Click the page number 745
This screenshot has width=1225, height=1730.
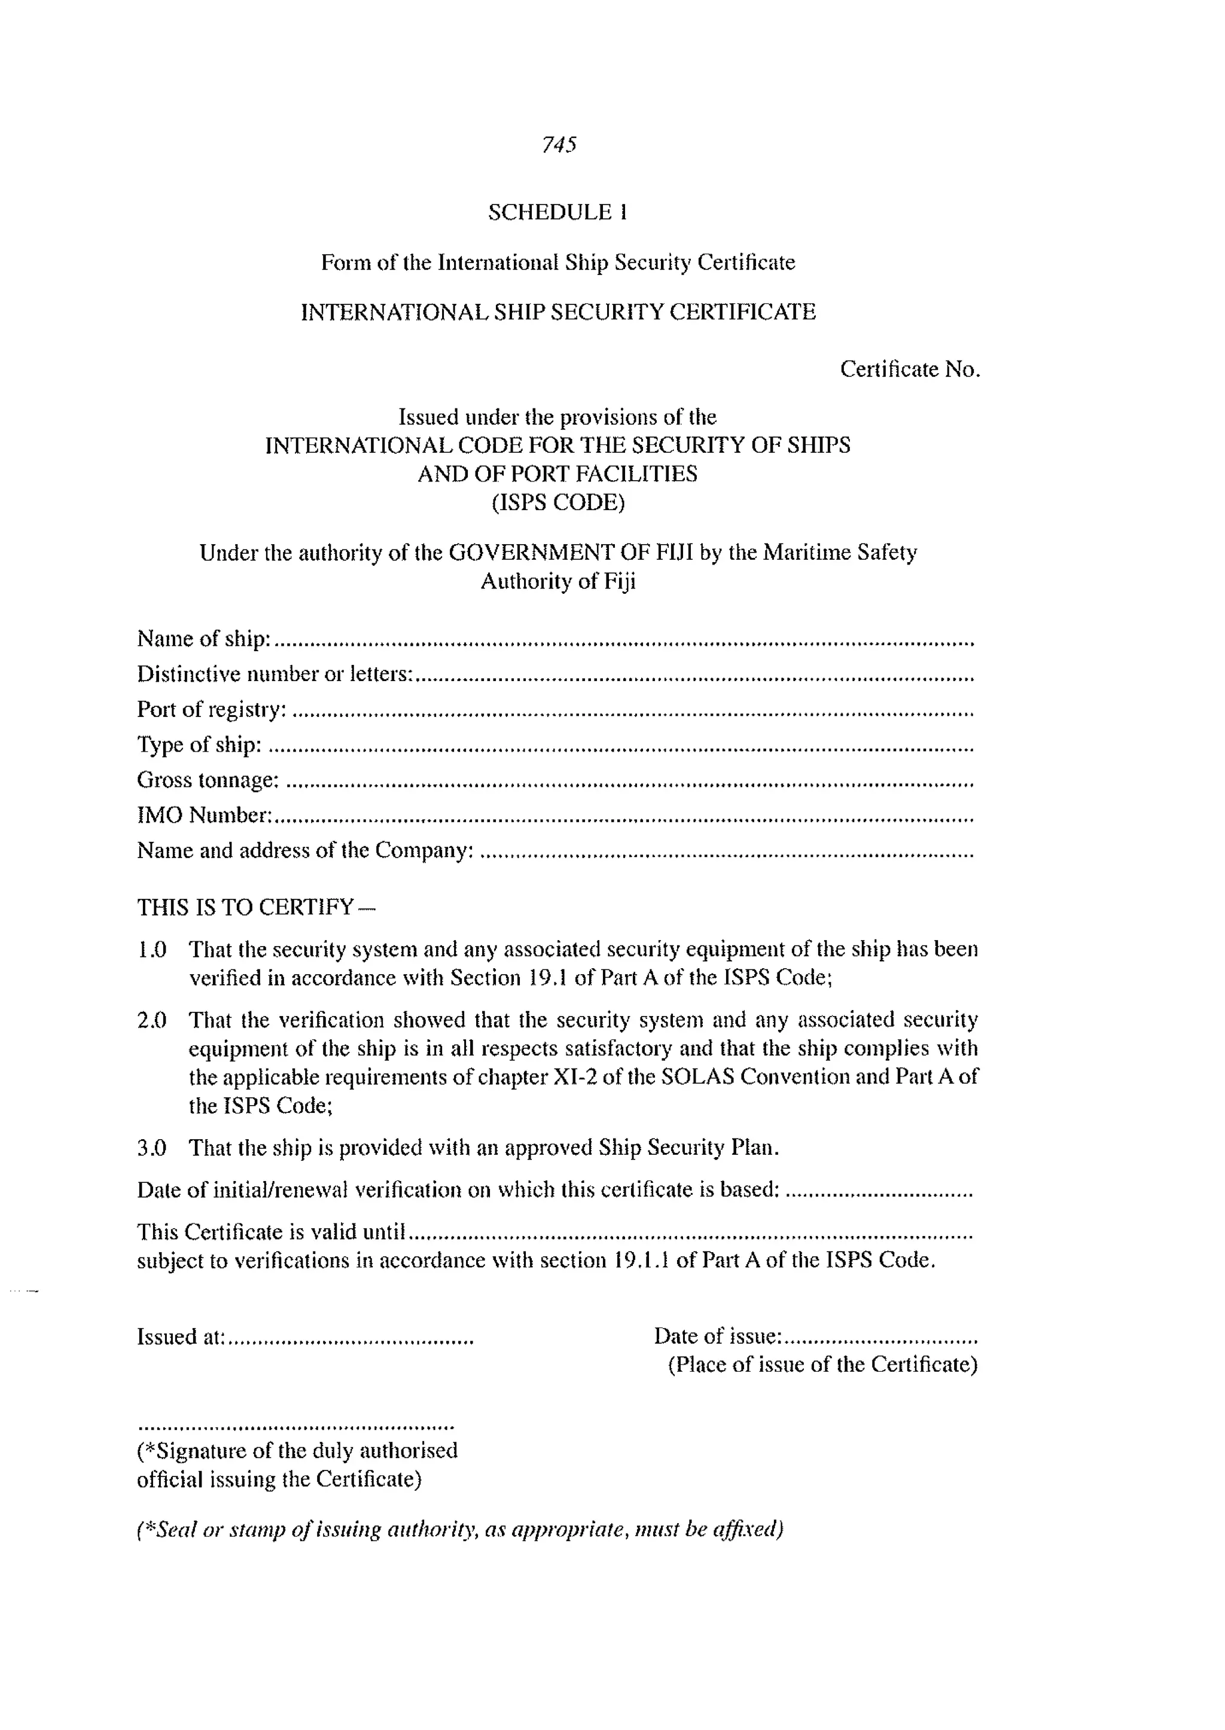559,144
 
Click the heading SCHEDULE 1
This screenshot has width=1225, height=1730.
557,213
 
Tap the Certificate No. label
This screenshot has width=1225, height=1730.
910,370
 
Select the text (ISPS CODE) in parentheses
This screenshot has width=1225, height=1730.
558,502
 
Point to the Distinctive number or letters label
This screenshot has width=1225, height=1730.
275,674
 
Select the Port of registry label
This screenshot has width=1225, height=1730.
212,710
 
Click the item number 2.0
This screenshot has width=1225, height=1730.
151,1020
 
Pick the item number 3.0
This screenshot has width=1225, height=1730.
151,1148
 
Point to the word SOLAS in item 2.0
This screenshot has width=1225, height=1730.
697,1077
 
